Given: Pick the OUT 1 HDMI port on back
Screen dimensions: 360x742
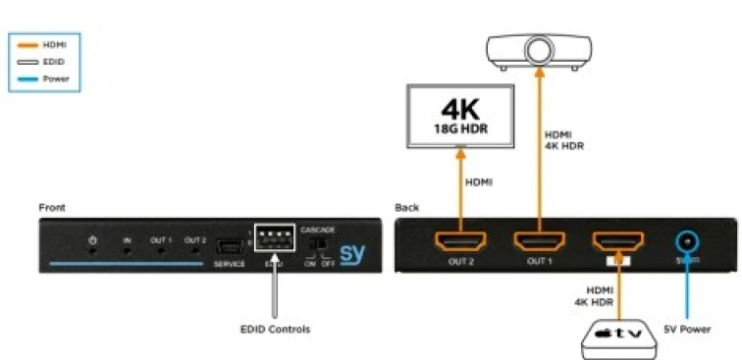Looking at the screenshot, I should coord(537,241).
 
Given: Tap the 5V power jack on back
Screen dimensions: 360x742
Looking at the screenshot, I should coord(688,240).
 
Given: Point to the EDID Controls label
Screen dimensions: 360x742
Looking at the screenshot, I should coord(275,330).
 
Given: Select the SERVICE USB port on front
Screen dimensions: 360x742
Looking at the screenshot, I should coord(230,244).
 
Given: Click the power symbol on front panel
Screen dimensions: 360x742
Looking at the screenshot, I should coord(92,240).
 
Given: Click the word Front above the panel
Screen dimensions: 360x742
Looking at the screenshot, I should coord(53,208).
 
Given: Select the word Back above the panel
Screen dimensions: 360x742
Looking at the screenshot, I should coord(406,208).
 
